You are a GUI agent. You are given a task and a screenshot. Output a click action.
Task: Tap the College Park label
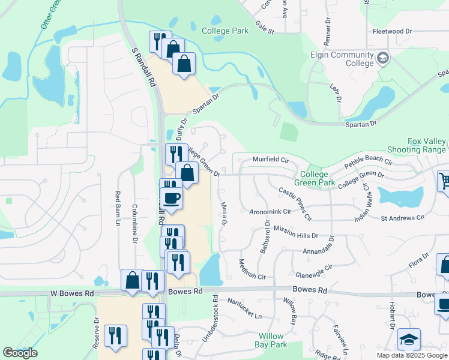[x=225, y=31]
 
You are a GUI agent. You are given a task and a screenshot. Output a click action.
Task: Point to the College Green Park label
[x=315, y=178]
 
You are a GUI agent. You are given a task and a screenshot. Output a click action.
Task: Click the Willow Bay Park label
[x=273, y=340]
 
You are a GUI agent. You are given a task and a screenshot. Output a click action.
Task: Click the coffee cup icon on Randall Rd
[x=171, y=199]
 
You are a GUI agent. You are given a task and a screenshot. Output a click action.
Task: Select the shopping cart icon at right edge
[x=444, y=179]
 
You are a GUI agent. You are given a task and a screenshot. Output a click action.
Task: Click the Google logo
[x=20, y=353]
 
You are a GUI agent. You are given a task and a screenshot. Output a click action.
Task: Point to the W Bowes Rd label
[x=72, y=294]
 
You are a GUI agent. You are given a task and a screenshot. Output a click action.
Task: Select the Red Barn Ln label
[x=118, y=209]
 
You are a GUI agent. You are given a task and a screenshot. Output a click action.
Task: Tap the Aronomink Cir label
[x=270, y=211]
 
